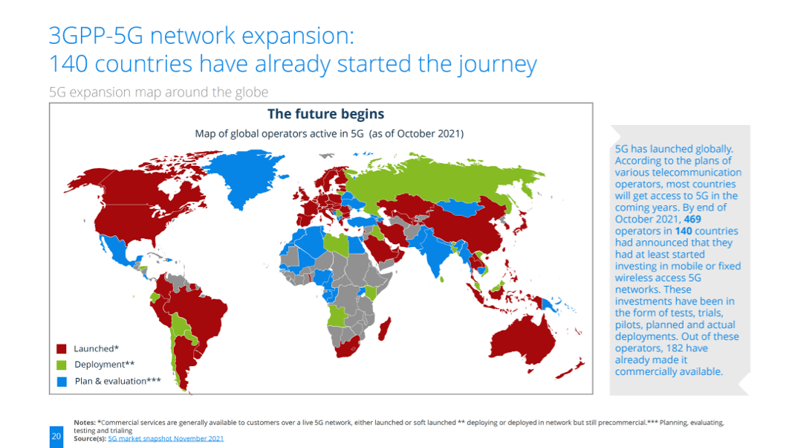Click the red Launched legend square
(62, 349)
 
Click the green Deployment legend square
(62, 365)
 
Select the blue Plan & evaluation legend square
(62, 382)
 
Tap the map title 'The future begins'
(325, 115)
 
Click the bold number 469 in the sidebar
(692, 220)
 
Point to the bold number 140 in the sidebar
(684, 231)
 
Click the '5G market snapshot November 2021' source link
(166, 438)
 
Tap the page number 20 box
(56, 436)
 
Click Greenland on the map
(246, 175)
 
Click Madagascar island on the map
(385, 330)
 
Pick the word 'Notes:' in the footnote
(85, 422)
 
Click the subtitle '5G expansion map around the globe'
(159, 92)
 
